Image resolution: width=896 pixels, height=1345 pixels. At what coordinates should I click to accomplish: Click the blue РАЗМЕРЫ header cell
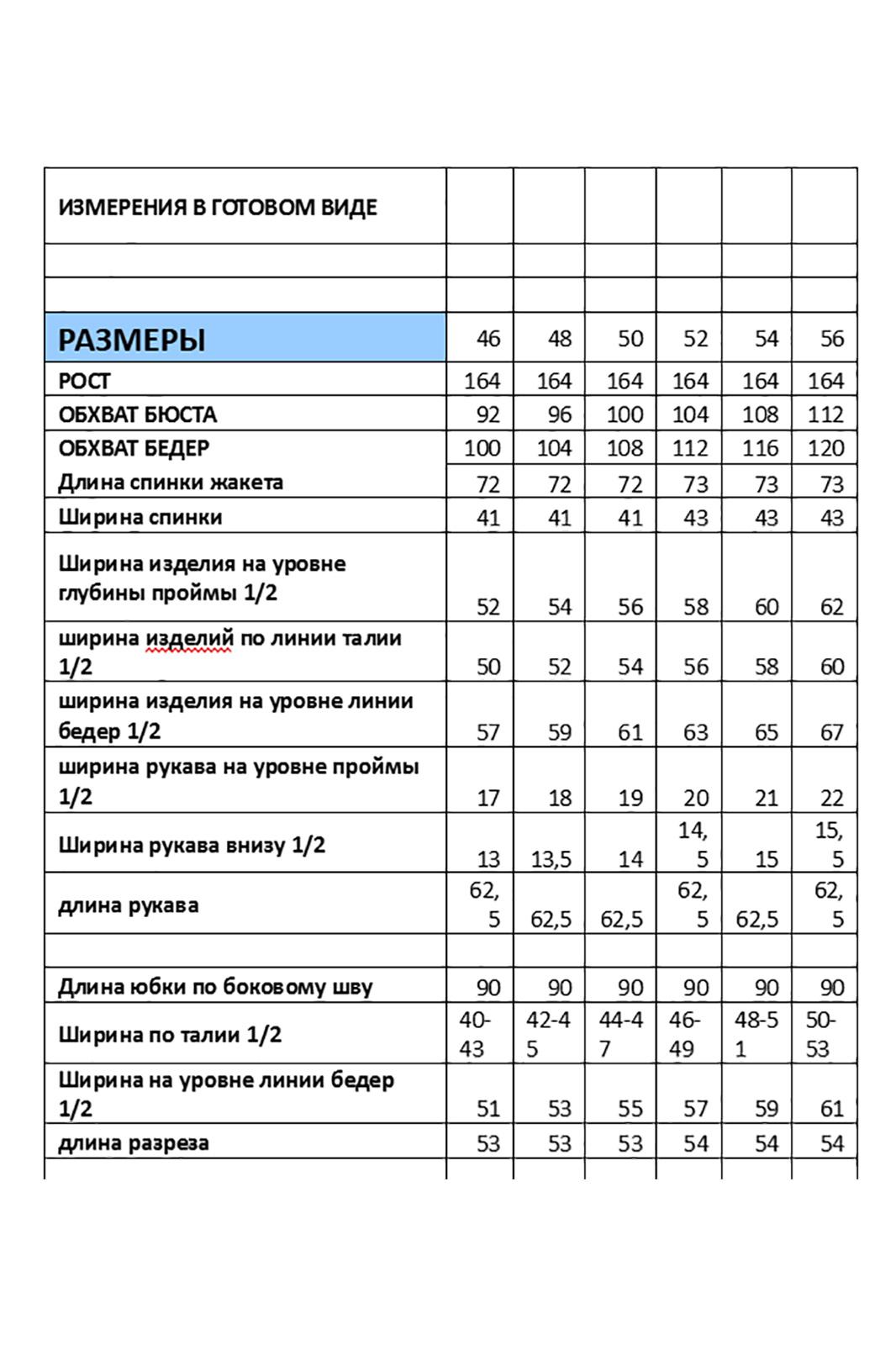click(x=245, y=339)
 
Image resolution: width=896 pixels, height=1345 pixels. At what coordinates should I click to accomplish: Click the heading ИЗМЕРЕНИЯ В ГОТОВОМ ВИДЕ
click(x=218, y=208)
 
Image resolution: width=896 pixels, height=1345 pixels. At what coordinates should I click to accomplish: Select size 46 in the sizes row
click(x=488, y=339)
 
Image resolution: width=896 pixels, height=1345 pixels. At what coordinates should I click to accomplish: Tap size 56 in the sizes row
click(x=831, y=339)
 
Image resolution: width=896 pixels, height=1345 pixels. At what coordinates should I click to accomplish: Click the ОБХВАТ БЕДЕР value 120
click(x=825, y=448)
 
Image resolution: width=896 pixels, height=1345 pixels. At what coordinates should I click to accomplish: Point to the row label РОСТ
click(x=84, y=381)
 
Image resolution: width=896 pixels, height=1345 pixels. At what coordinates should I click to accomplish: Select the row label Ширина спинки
click(x=140, y=517)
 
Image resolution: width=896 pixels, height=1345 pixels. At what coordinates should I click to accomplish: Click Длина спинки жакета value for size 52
click(x=695, y=484)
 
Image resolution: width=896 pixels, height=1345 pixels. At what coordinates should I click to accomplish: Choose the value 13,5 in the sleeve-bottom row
click(x=551, y=859)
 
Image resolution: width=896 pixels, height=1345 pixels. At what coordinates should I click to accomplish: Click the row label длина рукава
click(x=129, y=905)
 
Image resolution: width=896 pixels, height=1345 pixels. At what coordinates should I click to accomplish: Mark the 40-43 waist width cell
click(x=474, y=1035)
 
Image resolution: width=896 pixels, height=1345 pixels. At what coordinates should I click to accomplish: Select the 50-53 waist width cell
click(x=821, y=1035)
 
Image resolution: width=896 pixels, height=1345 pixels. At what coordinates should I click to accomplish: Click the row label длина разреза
click(x=134, y=1143)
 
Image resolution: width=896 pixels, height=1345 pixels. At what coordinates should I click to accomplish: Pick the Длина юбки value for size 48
click(x=559, y=988)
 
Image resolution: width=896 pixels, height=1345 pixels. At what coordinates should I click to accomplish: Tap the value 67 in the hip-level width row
click(x=831, y=732)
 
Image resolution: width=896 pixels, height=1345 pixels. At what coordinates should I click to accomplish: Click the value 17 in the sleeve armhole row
click(x=488, y=798)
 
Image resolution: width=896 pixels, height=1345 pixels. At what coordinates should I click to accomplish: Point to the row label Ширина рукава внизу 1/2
click(x=192, y=845)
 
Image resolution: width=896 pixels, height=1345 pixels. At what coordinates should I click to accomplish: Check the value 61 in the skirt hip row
click(x=831, y=1109)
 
